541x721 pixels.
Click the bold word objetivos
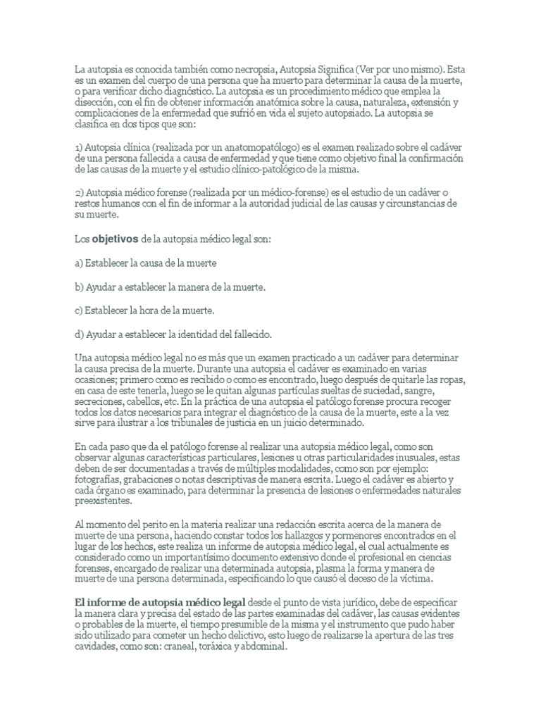tap(115, 239)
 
